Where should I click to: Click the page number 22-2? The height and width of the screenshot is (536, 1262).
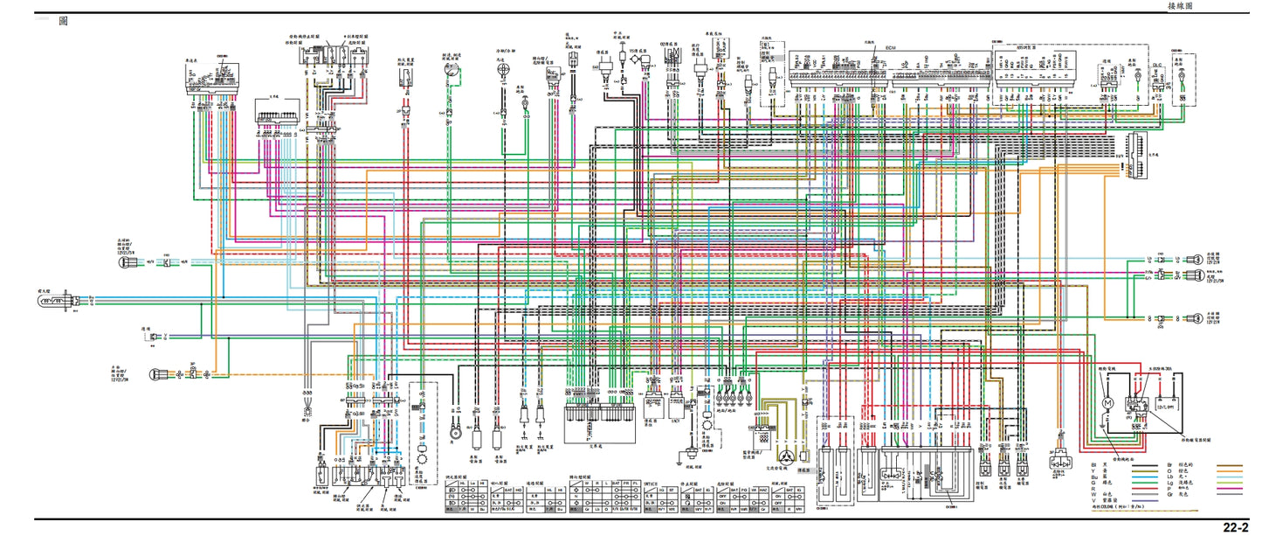coord(1234,527)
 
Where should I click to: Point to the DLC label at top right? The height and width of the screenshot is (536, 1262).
coord(1157,66)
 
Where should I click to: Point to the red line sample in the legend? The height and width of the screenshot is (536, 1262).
coord(1136,487)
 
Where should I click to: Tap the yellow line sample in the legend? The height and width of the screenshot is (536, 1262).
coord(1136,472)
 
